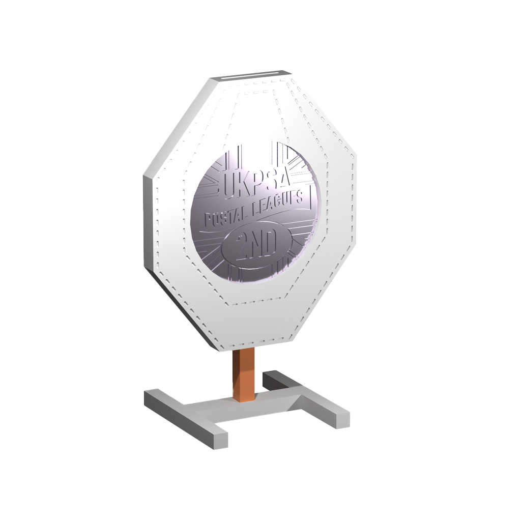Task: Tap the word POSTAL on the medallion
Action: click(x=227, y=217)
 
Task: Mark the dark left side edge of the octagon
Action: click(x=148, y=224)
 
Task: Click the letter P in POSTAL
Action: click(x=208, y=220)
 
